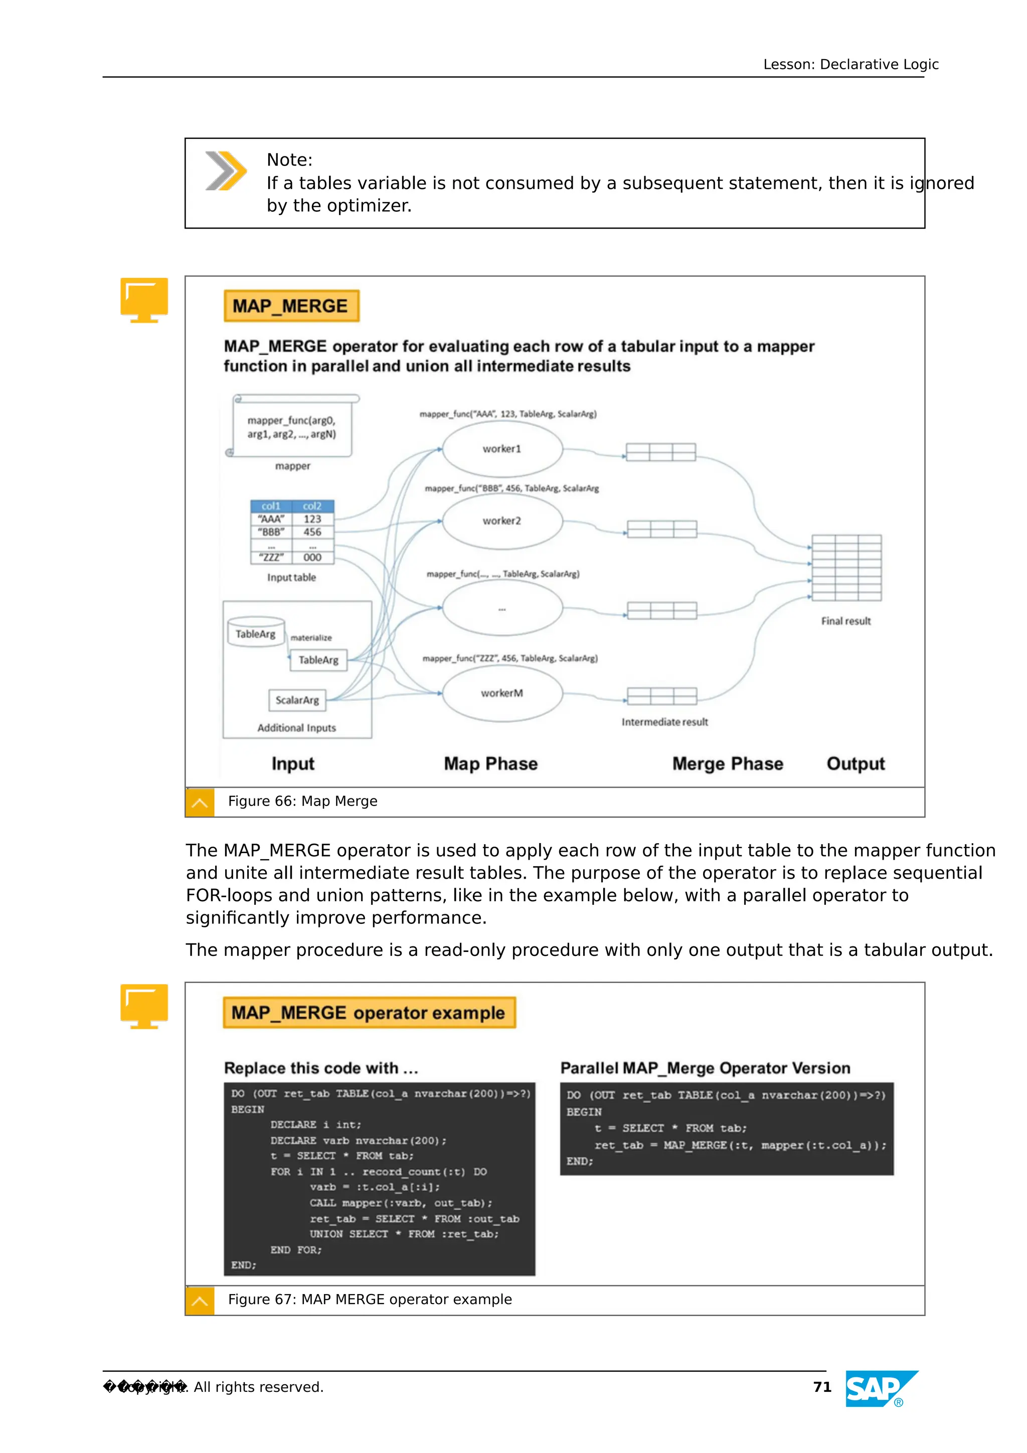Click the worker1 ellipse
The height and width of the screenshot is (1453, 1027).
pyautogui.click(x=502, y=449)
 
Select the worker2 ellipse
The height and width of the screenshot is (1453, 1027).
pyautogui.click(x=502, y=521)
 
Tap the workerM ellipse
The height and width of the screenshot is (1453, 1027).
pyautogui.click(x=502, y=693)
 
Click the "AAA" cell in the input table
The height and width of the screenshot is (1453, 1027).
pyautogui.click(x=271, y=519)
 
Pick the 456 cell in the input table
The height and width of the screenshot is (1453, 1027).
pyautogui.click(x=312, y=532)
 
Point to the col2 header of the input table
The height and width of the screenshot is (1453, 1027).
pyautogui.click(x=312, y=506)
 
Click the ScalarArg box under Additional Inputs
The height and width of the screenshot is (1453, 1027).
pyautogui.click(x=297, y=700)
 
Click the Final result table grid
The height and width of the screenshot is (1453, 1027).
pyautogui.click(x=846, y=568)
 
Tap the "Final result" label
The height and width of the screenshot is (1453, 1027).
pyautogui.click(x=845, y=621)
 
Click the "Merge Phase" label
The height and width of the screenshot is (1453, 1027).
pyautogui.click(x=727, y=764)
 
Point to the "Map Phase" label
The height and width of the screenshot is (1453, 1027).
pyautogui.click(x=490, y=764)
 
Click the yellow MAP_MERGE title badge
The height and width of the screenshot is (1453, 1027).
pyautogui.click(x=291, y=306)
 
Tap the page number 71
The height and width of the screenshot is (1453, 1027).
pyautogui.click(x=822, y=1387)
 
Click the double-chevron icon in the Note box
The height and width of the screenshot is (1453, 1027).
pyautogui.click(x=225, y=171)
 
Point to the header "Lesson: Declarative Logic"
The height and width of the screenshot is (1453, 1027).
pyautogui.click(x=850, y=65)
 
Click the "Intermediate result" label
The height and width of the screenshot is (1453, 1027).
pyautogui.click(x=664, y=722)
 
